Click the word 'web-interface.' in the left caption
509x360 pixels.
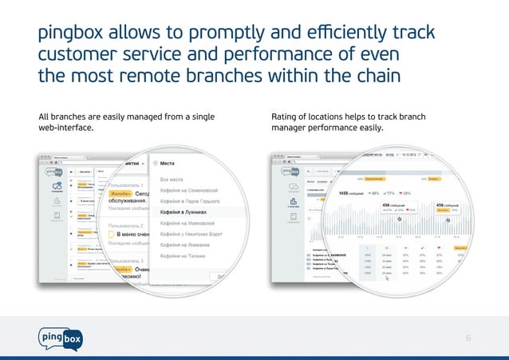click(69, 129)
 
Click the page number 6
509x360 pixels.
click(468, 338)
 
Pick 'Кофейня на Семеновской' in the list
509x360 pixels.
click(195, 191)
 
